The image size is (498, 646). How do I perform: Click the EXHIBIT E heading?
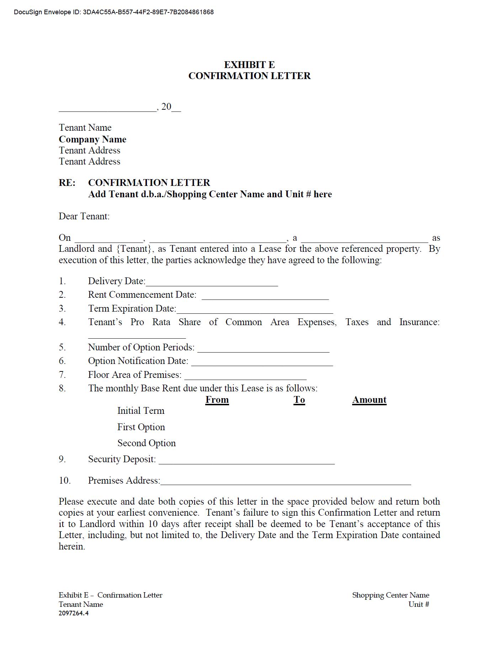tap(249, 64)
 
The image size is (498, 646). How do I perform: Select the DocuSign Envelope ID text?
tap(114, 12)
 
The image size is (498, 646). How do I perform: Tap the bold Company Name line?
tap(92, 139)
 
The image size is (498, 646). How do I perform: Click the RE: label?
tap(67, 183)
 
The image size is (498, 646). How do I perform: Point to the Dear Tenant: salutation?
tap(84, 216)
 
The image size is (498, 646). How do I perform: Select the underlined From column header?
tap(217, 400)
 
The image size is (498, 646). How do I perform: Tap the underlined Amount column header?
tap(369, 400)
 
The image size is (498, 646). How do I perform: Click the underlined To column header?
tap(299, 400)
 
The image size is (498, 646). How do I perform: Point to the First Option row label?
tap(141, 427)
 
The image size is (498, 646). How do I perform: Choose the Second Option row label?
tap(147, 443)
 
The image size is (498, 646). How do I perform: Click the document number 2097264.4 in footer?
tap(74, 613)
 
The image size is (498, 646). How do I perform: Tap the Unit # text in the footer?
tap(419, 604)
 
